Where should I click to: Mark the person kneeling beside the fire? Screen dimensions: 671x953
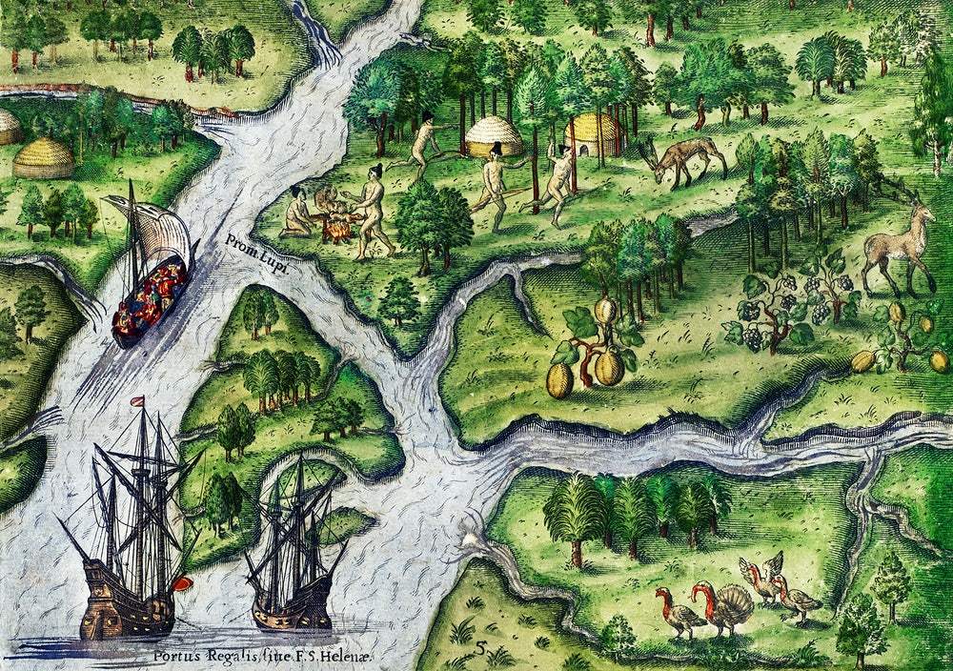coord(299,214)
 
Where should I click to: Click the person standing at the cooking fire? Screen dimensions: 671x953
coord(371,212)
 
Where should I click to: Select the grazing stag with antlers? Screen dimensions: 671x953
coord(683,159)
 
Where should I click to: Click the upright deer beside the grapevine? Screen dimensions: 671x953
coord(897,248)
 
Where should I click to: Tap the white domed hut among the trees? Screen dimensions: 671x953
coord(493,138)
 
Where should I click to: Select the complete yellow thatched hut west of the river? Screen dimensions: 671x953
coord(43,158)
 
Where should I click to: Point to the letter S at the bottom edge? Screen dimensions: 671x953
coord(482,649)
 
